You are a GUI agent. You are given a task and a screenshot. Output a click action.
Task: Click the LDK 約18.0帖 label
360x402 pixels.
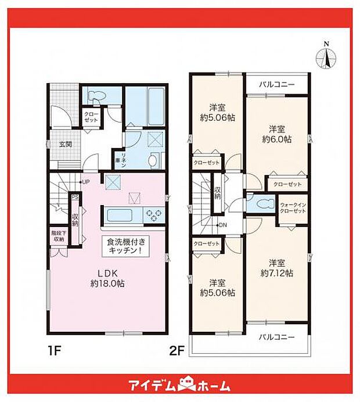[107, 279]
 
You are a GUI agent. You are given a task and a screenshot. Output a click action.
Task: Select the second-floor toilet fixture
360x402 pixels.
[261, 204]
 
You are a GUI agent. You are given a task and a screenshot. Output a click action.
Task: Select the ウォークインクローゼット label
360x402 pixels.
[293, 208]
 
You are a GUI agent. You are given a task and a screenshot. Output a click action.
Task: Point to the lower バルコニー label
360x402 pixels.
[276, 337]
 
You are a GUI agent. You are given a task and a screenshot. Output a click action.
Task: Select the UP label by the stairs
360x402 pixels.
[85, 182]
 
